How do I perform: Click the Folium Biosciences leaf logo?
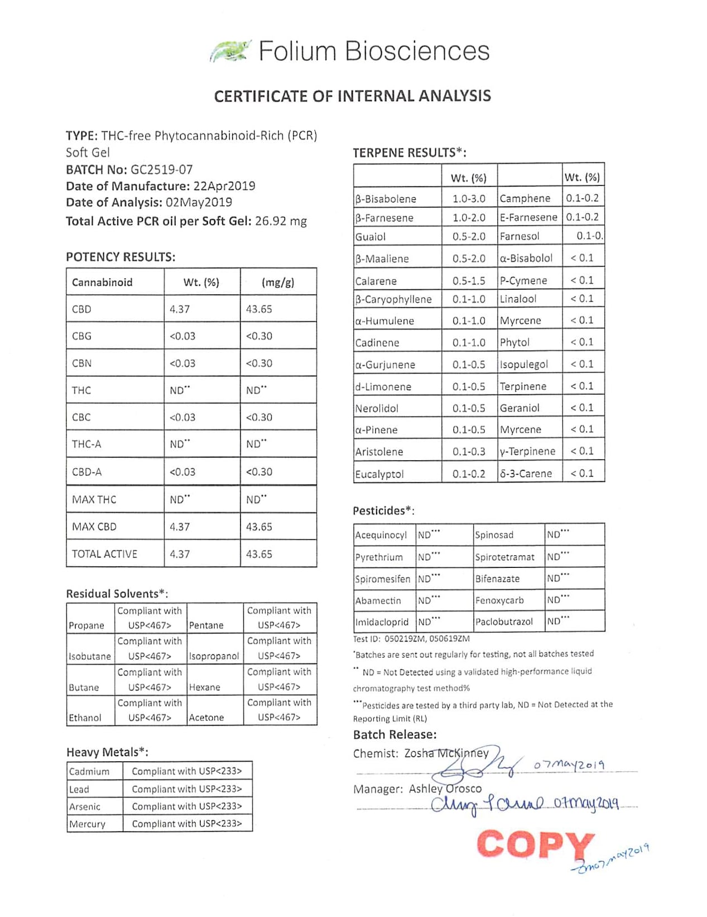pos(230,51)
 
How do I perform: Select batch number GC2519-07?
pos(162,169)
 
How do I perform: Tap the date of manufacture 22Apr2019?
pos(224,186)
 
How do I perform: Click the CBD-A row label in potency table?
pos(87,472)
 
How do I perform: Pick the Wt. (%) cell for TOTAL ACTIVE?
pos(180,554)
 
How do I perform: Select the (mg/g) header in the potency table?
pos(278,283)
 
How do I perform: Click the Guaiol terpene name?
pos(371,237)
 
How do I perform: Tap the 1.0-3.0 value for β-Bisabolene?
pos(469,199)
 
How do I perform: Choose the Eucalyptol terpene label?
pos(379,474)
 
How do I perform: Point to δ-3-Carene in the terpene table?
pos(526,474)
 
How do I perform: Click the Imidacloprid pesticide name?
pos(382,622)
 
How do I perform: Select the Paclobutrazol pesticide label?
pos(504,622)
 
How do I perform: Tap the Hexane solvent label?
pos(205,687)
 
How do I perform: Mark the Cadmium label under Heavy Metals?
pos(89,772)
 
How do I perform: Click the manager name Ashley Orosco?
pos(445,789)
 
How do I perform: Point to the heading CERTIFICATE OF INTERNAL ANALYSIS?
pos(353,96)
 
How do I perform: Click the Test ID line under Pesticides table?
pos(411,638)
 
